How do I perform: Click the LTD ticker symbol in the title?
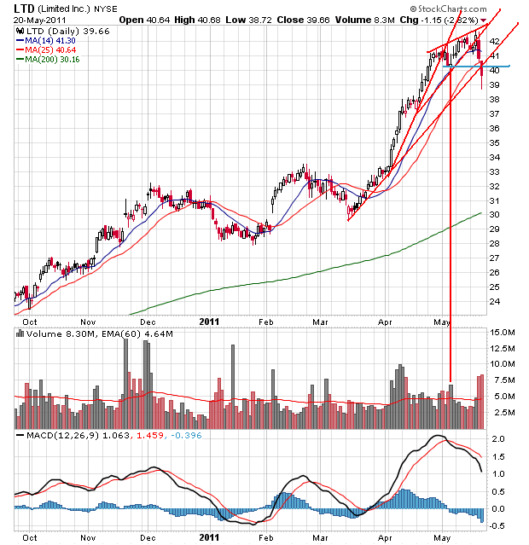pos(25,8)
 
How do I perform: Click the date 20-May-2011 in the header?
pos(39,19)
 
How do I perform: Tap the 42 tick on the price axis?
pos(494,41)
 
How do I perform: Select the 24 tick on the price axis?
pos(494,302)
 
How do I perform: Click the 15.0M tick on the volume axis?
pos(500,332)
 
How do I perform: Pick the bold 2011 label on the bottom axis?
pos(210,537)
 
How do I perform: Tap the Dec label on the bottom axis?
pos(148,537)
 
